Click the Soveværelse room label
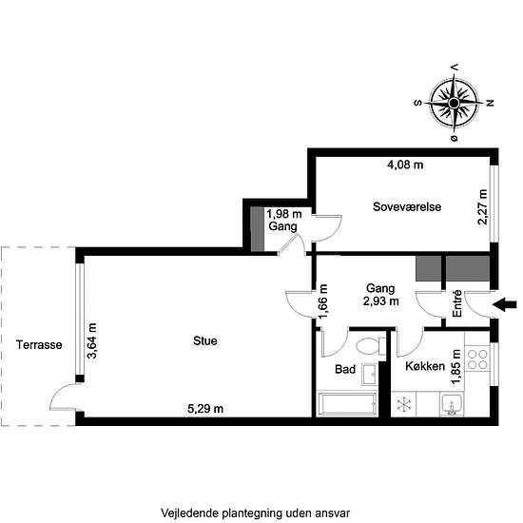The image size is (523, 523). pos(407,206)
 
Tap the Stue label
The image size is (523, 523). pos(205,340)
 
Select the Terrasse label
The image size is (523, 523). pos(39,345)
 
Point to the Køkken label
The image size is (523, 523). pos(425,366)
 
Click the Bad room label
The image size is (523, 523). pos(345,369)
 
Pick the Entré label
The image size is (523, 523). pos(457,303)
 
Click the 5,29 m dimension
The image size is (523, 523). pos(205,409)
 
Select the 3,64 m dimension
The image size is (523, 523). pos(91,340)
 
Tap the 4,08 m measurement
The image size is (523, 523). pos(405,165)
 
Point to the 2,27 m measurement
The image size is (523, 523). pos(482,206)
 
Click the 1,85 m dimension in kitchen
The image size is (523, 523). pos(455,367)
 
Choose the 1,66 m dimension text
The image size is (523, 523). pos(323,301)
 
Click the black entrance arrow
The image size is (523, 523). pos(505,304)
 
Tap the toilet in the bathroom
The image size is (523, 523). pos(370,345)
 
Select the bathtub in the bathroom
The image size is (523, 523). pos(347,404)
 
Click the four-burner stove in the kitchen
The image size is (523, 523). pos(477,359)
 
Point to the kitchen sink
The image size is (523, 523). pos(452,404)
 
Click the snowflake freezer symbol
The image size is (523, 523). pos(403,404)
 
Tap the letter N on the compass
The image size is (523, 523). pos(490,103)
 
